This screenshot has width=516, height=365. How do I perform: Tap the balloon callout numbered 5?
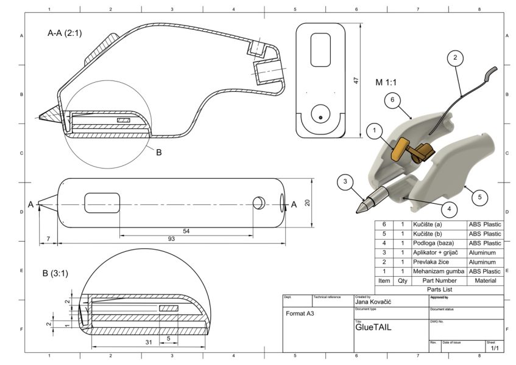pos(479,196)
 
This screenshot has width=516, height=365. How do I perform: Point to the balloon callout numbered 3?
pos(345,181)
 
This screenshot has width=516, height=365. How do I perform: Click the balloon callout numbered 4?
pos(448,209)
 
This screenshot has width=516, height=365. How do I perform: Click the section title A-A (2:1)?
pos(65,33)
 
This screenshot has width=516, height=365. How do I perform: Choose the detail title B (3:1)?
pos(55,273)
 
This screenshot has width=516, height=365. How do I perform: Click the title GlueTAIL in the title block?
pos(373,327)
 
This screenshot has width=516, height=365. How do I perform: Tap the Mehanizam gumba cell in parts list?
pos(439,271)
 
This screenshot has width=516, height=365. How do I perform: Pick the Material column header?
pos(485,281)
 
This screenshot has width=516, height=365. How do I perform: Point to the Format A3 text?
pos(302,315)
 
